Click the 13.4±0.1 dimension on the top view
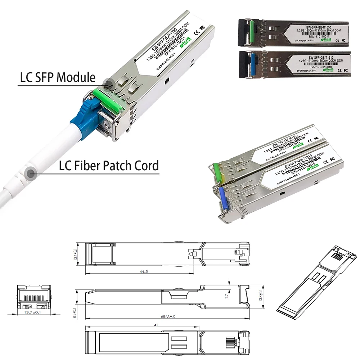(x=76, y=255)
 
